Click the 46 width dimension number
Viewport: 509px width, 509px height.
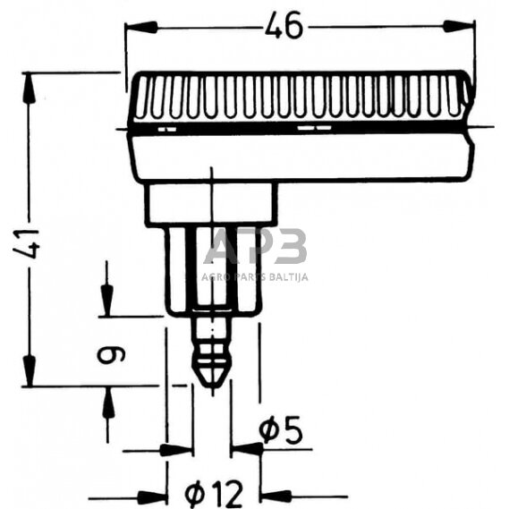click(284, 26)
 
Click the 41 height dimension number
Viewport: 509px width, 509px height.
click(27, 243)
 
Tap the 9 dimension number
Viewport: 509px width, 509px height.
click(111, 355)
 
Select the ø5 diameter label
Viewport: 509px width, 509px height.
click(281, 431)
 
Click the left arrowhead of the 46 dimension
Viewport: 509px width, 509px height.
click(141, 27)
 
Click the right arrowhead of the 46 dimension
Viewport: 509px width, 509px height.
click(459, 26)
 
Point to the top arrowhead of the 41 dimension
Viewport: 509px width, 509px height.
click(29, 88)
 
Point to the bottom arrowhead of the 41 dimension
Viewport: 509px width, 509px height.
click(29, 370)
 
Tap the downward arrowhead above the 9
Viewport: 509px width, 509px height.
click(106, 301)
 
